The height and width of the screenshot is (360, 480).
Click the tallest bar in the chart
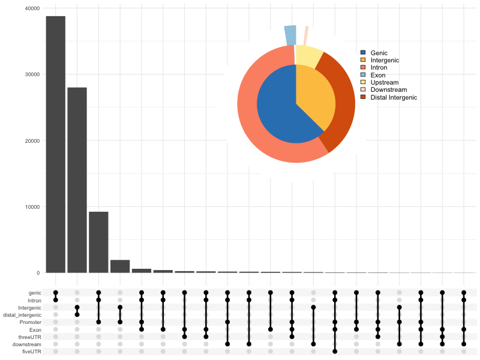pyautogui.click(x=55, y=144)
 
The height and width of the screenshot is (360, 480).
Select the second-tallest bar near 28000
pyautogui.click(x=77, y=180)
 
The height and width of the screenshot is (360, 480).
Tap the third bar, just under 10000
pyautogui.click(x=98, y=242)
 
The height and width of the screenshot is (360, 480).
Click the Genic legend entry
pyautogui.click(x=379, y=53)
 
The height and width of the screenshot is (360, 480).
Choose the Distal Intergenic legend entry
pyautogui.click(x=394, y=97)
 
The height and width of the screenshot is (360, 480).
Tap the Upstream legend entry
pyautogui.click(x=384, y=82)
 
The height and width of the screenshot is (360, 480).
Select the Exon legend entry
pyautogui.click(x=378, y=75)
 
